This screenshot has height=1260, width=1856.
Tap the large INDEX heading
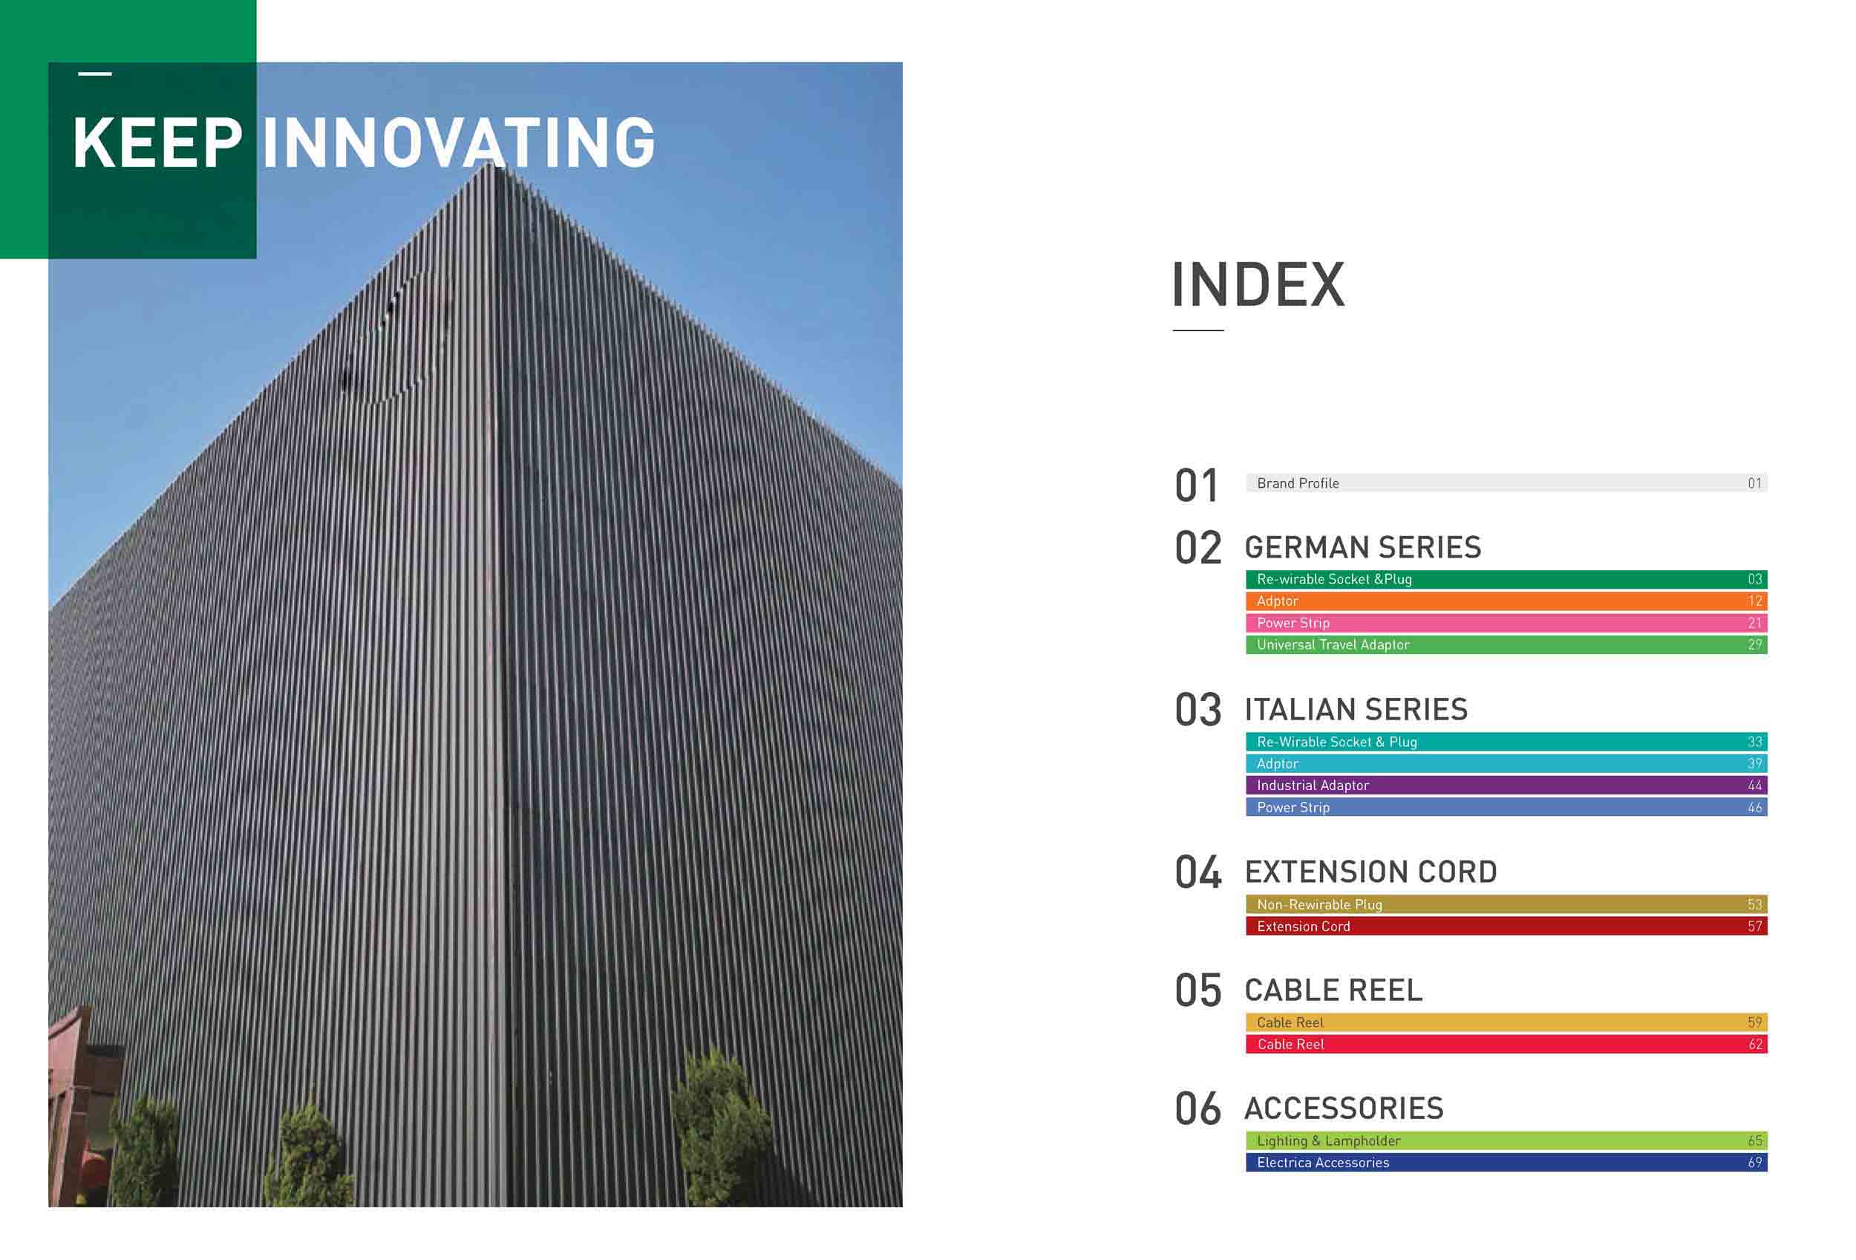tap(1258, 285)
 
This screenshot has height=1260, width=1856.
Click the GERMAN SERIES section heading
tap(1362, 548)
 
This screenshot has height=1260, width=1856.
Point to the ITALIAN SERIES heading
tap(1356, 710)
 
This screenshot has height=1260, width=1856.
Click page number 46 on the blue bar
tap(1754, 807)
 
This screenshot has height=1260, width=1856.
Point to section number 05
tap(1198, 991)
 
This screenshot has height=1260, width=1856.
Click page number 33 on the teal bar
tap(1754, 742)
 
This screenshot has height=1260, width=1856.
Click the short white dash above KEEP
tap(95, 74)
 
